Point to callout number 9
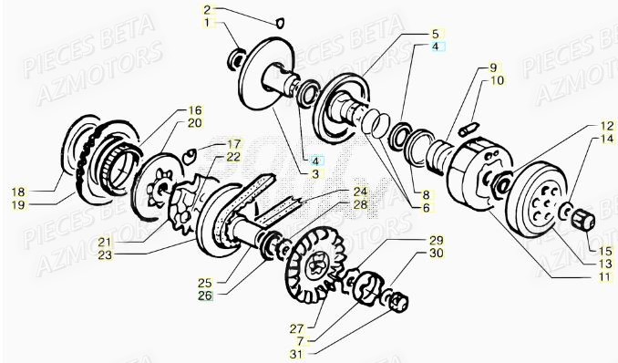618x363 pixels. point(492,68)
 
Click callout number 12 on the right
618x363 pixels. point(581,126)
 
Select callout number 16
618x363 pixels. point(195,109)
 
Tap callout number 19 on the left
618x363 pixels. point(19,204)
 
